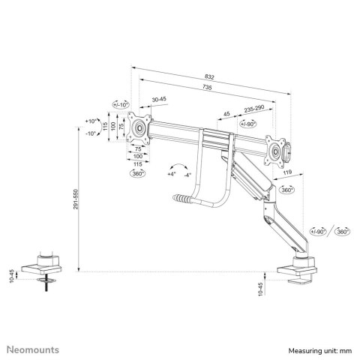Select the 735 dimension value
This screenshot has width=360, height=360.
(212, 88)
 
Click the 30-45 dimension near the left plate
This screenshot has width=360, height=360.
(159, 100)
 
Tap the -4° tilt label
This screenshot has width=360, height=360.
(187, 175)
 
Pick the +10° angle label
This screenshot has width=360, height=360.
(91, 121)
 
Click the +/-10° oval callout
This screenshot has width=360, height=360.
(120, 105)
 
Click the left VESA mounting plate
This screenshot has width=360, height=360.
(139, 127)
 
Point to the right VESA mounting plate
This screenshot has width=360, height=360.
(275, 148)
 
